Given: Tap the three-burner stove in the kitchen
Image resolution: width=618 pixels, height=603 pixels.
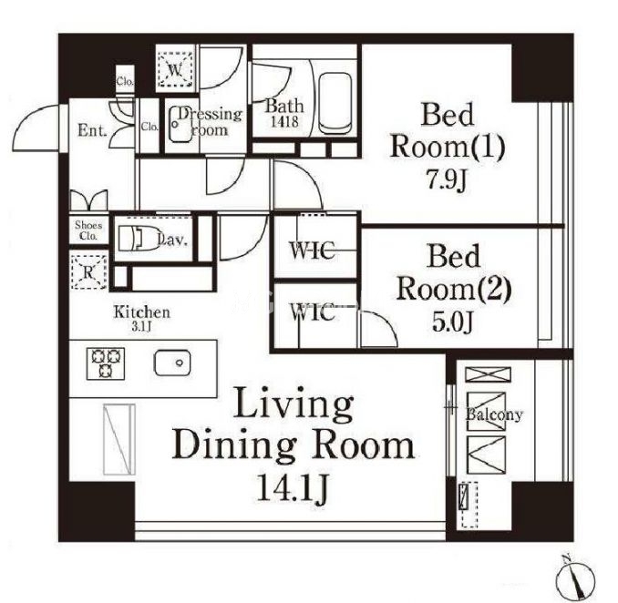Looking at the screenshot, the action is coord(106,364).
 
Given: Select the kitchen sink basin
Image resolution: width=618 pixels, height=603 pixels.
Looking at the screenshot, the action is coord(172,363).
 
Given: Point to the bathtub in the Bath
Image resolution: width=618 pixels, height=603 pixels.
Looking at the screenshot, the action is coord(335,103).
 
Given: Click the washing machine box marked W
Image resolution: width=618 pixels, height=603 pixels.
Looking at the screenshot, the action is coord(175,69).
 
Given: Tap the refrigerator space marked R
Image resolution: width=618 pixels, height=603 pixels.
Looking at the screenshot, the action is coord(88,271).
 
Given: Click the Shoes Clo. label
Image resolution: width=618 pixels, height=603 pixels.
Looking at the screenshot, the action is coord(88,230).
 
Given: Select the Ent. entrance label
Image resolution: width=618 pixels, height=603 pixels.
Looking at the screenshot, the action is coord(92,130).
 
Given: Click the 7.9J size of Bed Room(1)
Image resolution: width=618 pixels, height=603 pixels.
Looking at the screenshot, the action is coord(447,180).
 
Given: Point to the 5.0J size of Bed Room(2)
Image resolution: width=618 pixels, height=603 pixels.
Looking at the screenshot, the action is coord(452,322).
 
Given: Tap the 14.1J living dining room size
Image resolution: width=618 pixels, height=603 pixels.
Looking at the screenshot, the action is coord(292,488).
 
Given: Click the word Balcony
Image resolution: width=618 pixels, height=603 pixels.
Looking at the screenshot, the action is coord(494,414).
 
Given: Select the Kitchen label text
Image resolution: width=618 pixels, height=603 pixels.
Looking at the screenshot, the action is coord(142,312).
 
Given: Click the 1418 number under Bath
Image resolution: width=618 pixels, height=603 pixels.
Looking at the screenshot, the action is coord(284,122).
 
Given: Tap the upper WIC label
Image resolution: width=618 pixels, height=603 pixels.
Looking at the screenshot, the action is coord(312,250).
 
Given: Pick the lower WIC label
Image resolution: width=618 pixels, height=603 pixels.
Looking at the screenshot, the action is coord(313,312).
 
